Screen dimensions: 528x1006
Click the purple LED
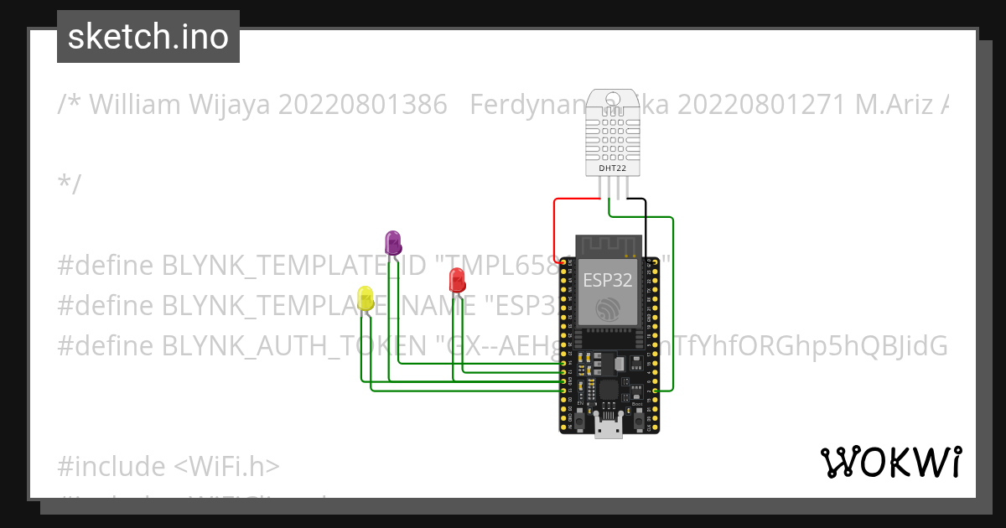click(x=392, y=242)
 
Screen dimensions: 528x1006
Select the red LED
click(x=457, y=279)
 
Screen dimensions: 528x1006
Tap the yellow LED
click(x=366, y=298)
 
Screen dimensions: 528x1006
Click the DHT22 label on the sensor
click(x=611, y=168)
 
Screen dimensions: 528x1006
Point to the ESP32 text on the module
click(x=607, y=280)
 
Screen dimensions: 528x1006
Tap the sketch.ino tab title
click(x=148, y=37)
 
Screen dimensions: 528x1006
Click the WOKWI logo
click(x=890, y=462)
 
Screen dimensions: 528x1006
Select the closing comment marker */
click(x=70, y=184)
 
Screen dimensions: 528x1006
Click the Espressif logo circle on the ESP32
click(x=609, y=309)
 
